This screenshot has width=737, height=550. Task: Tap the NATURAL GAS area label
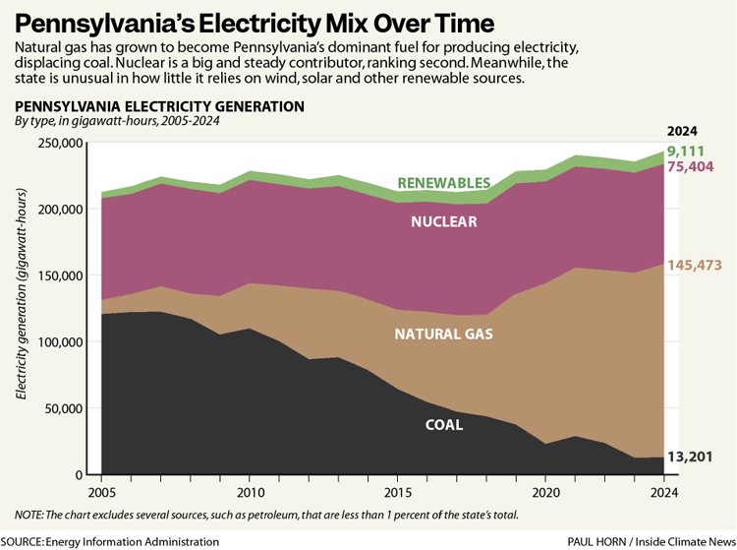443,335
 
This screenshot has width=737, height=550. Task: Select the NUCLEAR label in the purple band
444,221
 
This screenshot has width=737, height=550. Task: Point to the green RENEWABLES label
444,183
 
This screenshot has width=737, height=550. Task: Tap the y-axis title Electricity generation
22,308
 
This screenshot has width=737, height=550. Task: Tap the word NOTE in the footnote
30,515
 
